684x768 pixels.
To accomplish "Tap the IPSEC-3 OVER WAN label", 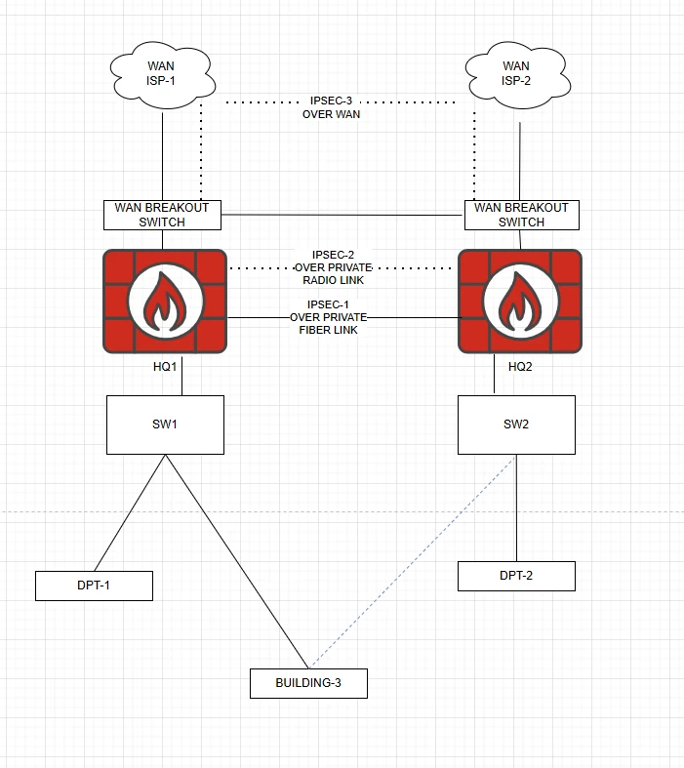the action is click(331, 107).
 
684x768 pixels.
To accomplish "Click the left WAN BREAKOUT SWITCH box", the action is click(162, 215).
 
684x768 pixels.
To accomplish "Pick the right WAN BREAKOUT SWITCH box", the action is click(521, 215).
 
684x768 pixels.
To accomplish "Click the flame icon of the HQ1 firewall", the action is click(165, 302).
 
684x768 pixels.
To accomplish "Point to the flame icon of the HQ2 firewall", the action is click(520, 302).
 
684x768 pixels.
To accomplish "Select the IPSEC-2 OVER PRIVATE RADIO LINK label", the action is click(333, 267).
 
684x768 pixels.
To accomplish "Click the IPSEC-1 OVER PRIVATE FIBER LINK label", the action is click(328, 317).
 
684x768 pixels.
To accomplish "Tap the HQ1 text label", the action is click(165, 366).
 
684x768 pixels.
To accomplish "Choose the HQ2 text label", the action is click(520, 366).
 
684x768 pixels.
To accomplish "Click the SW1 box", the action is click(166, 424).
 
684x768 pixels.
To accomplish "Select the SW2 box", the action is click(516, 424).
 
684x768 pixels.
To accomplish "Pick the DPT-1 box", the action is click(94, 586).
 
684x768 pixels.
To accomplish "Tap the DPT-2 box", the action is click(516, 576).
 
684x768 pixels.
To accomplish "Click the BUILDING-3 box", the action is click(308, 683).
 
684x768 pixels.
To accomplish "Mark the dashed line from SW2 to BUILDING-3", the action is click(413, 562).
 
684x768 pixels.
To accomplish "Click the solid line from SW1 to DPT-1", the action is click(130, 513).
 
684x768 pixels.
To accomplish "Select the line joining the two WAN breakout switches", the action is click(342, 215).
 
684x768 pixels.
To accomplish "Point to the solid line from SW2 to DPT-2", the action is click(516, 507).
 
